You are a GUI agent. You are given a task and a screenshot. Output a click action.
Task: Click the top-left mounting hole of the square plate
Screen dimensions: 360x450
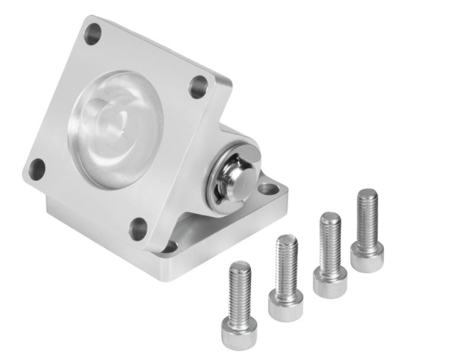click(93, 34)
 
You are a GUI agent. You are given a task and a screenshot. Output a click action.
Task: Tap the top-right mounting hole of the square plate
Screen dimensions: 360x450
click(198, 87)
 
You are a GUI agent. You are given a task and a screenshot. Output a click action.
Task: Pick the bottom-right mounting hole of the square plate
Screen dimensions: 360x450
click(138, 228)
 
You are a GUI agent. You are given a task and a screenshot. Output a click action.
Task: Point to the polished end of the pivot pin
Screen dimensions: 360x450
click(238, 178)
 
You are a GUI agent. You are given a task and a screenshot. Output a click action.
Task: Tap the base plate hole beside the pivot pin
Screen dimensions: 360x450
click(268, 189)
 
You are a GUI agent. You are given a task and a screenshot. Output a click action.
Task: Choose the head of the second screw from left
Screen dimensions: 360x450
click(285, 305)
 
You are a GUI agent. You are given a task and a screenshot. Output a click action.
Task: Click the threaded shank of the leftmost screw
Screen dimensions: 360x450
click(240, 288)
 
